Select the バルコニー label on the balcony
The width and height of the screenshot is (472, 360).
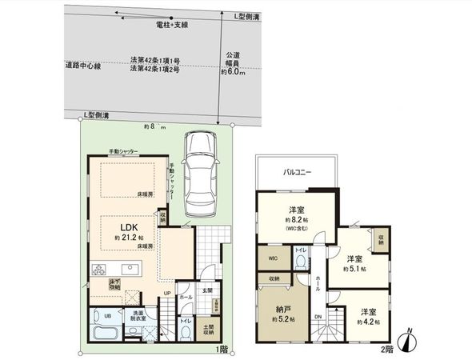pos(297,171)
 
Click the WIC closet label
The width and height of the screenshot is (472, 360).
pos(272,259)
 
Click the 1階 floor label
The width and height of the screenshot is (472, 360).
pos(222,349)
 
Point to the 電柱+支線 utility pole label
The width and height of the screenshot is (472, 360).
pos(174,25)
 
